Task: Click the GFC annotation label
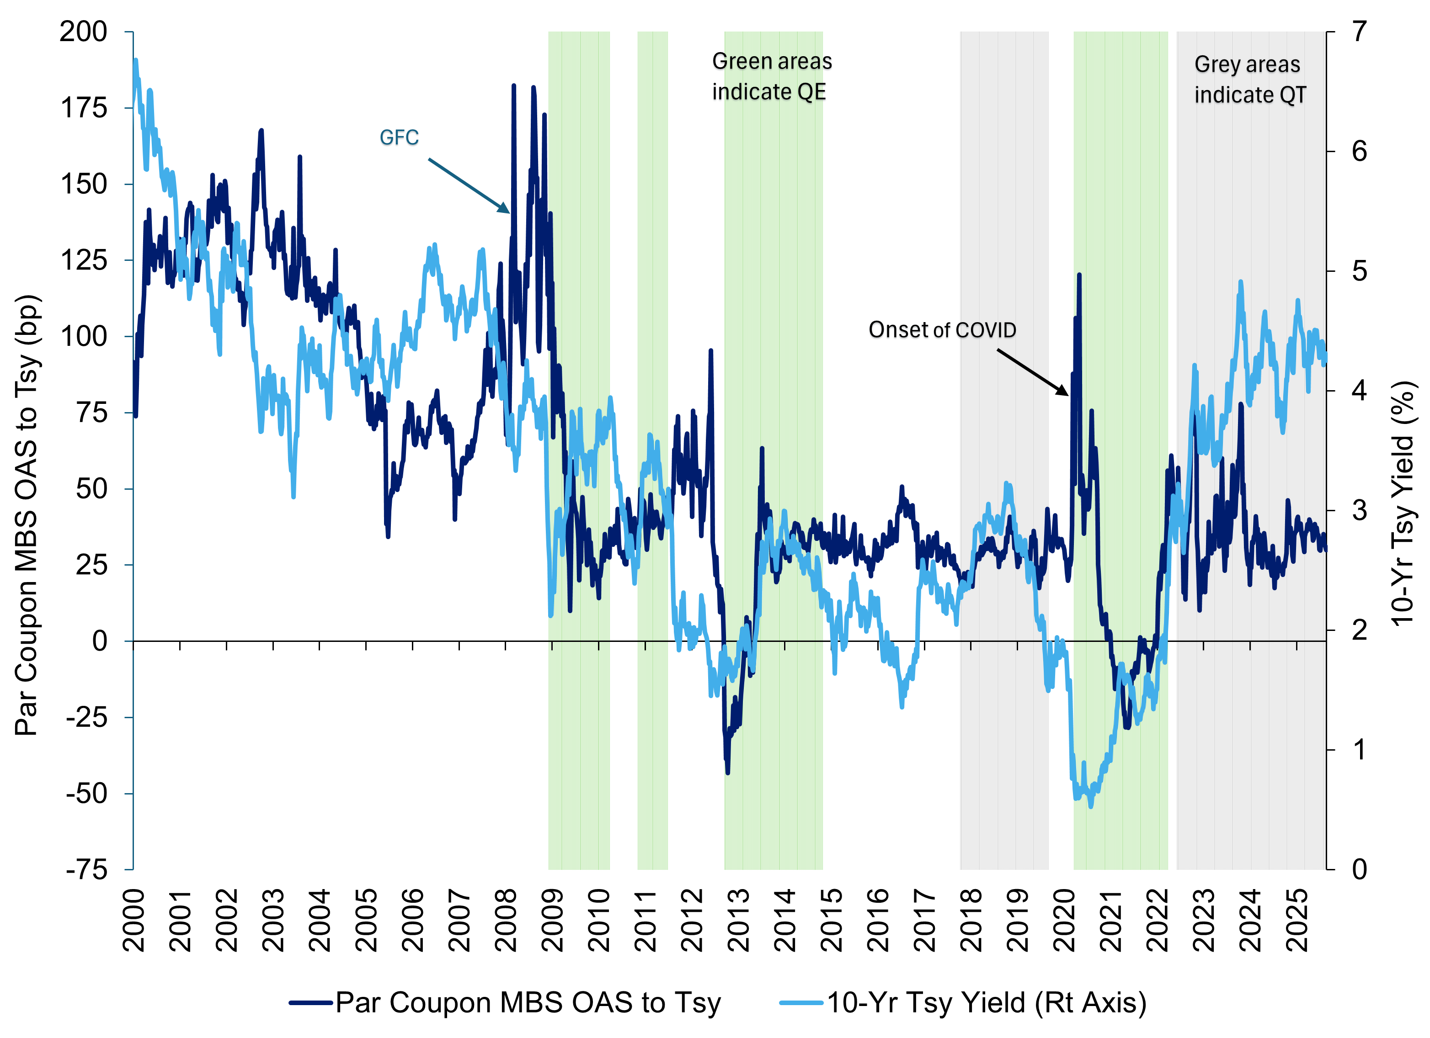point(399,138)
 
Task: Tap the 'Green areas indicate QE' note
point(772,76)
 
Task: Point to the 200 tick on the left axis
point(83,32)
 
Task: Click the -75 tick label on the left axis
point(87,870)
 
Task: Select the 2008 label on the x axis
point(506,920)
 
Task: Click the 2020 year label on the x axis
point(1064,920)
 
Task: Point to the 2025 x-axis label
point(1297,920)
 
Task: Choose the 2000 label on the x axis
point(133,920)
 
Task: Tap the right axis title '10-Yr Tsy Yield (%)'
point(1403,504)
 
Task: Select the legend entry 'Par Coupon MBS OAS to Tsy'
point(504,1003)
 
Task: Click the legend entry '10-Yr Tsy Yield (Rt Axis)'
point(963,1003)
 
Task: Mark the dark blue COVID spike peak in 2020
point(1079,275)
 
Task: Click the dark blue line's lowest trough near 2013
point(728,773)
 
